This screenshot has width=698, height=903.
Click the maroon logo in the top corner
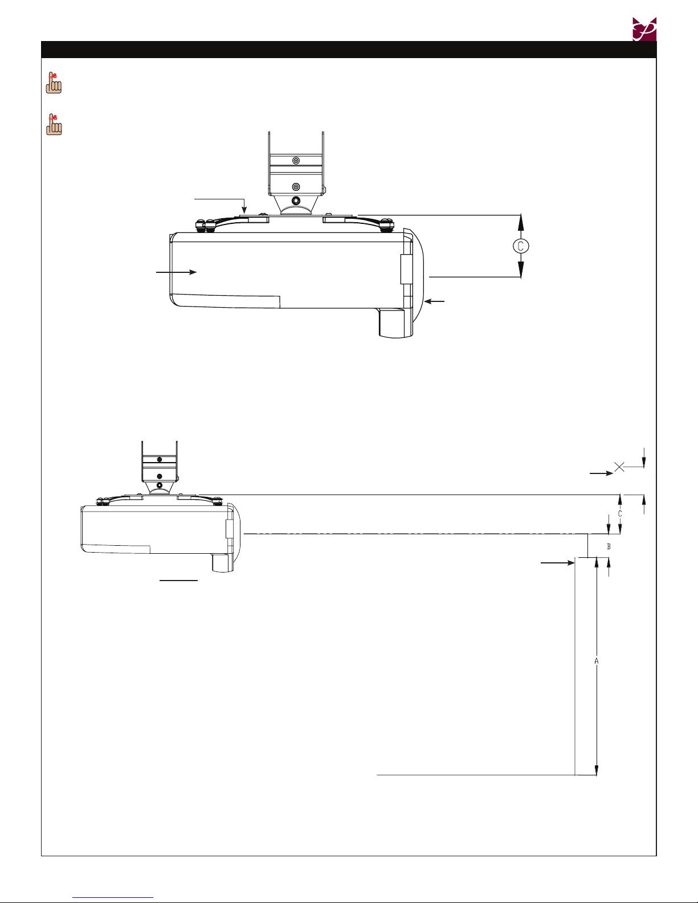pos(644,29)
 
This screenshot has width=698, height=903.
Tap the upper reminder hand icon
pos(54,83)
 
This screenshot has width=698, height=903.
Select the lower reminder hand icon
pos(54,124)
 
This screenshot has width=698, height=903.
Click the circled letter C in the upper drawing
pos(521,246)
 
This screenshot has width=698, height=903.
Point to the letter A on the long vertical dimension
pos(596,661)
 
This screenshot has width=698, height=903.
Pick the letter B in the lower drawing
pos(609,546)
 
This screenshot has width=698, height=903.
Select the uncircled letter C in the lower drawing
pos(620,514)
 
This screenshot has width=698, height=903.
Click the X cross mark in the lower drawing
pos(619,467)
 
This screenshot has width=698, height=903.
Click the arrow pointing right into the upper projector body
pos(176,272)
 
